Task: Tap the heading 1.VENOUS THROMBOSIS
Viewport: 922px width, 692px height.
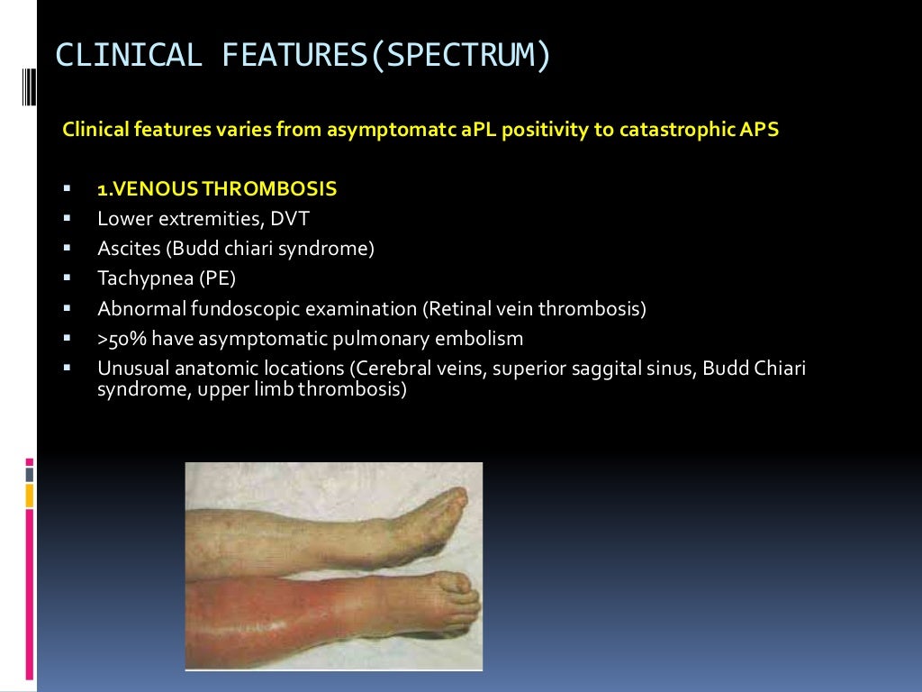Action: click(217, 189)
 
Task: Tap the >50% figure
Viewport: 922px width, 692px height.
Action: click(117, 339)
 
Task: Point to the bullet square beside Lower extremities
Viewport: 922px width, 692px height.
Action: click(68, 219)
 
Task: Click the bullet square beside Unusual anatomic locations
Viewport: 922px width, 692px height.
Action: click(68, 369)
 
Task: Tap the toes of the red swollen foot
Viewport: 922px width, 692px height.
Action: click(459, 595)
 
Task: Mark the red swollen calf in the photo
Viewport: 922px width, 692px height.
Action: click(261, 622)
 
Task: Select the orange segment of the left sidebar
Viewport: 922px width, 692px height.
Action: click(30, 495)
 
